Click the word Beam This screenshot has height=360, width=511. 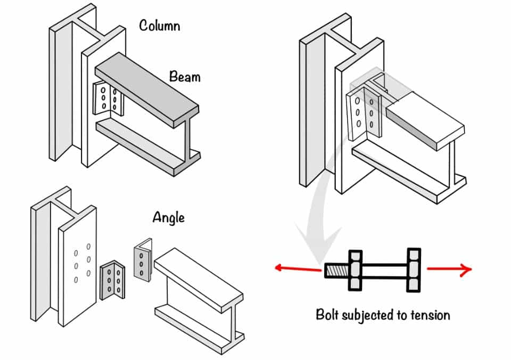(185, 77)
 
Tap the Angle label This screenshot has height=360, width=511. (168, 218)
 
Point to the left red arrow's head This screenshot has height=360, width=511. (278, 268)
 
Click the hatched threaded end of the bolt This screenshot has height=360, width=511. (335, 271)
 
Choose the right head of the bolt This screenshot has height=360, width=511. (414, 271)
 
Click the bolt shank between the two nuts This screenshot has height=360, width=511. (384, 271)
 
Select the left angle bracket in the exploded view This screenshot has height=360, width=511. (112, 279)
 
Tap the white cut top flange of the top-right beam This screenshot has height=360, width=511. (423, 120)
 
